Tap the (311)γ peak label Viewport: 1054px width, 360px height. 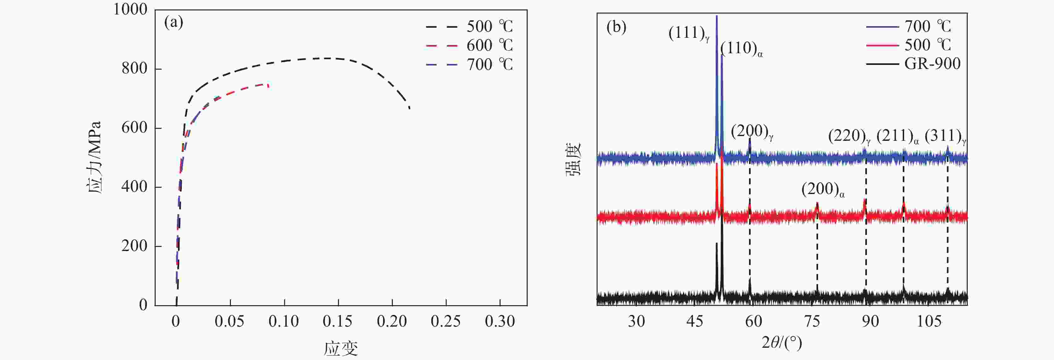[x=945, y=136]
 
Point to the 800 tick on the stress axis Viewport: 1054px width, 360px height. [x=134, y=69]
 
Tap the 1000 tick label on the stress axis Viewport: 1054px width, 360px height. [x=130, y=9]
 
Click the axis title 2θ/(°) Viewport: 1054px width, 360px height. [x=782, y=342]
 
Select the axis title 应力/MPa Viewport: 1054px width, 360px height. [x=94, y=157]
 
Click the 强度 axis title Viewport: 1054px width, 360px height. [x=573, y=160]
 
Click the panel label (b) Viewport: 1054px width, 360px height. [x=616, y=27]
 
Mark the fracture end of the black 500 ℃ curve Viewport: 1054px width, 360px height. [x=410, y=108]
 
